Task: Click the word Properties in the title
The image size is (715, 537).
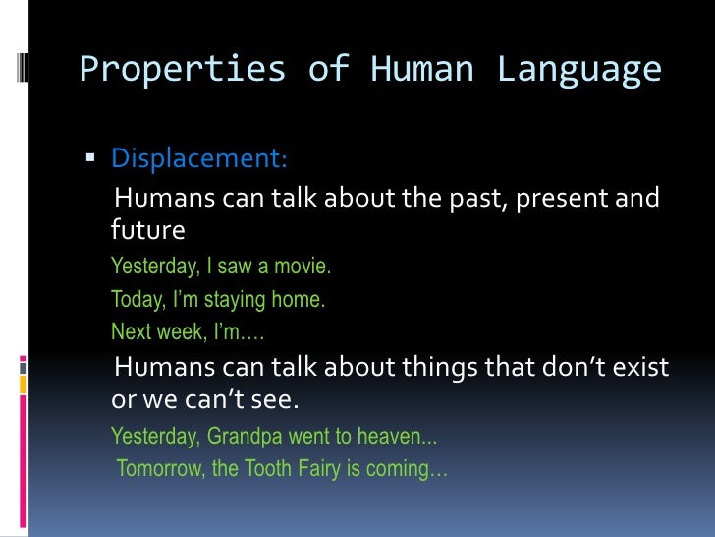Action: coord(149,70)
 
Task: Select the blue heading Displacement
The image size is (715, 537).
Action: coord(199,157)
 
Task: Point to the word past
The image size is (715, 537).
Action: coord(455,200)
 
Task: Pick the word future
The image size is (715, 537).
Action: coord(147,231)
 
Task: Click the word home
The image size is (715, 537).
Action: coord(300,299)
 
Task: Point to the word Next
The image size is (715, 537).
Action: coord(131,331)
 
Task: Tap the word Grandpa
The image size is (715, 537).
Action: coord(245,436)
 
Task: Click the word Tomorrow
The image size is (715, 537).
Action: coord(161,468)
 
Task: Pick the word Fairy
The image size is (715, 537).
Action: coord(321,468)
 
